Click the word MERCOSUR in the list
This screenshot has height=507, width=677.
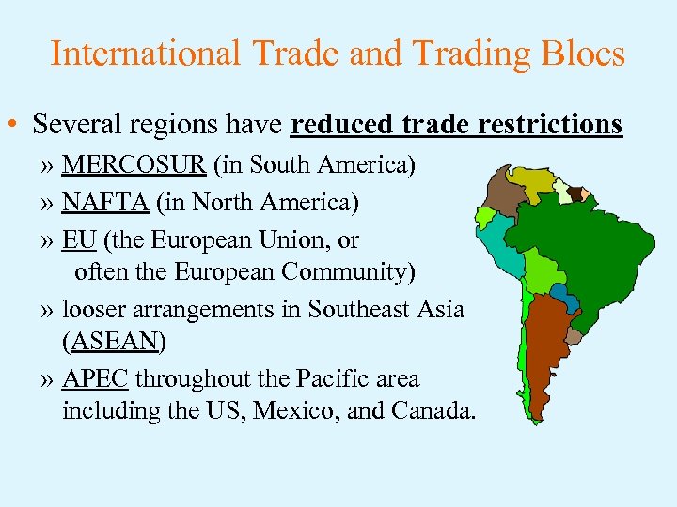(134, 166)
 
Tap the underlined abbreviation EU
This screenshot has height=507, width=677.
(79, 239)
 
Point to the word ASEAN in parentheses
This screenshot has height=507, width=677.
(113, 342)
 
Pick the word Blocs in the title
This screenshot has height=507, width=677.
(582, 54)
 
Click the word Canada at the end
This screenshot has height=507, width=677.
(433, 411)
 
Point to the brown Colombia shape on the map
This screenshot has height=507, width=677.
(504, 196)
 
